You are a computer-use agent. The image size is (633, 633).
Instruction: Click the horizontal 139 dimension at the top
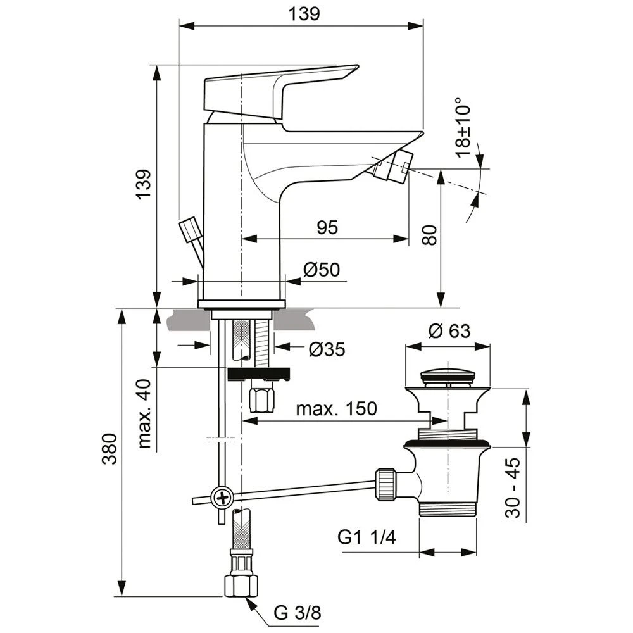(x=305, y=13)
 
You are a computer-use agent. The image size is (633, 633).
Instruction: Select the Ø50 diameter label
(x=321, y=270)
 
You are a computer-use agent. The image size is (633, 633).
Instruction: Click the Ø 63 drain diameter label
(x=449, y=330)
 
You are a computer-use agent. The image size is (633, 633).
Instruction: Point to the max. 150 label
(x=336, y=409)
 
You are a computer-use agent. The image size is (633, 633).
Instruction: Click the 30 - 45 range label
(x=514, y=487)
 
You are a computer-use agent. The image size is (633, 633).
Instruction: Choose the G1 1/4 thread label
(x=367, y=539)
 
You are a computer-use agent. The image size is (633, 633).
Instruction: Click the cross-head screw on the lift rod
(x=222, y=498)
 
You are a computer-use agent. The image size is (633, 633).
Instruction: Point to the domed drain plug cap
(x=448, y=371)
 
